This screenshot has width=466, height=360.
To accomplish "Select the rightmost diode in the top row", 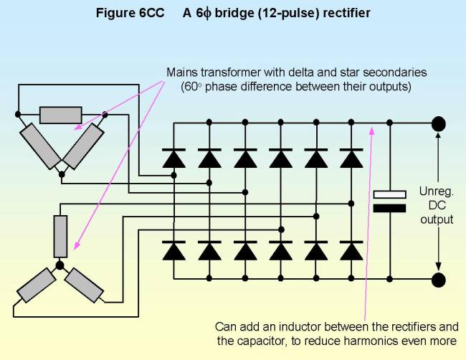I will click(351, 158).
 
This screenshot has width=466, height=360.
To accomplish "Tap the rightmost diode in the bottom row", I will click(351, 251).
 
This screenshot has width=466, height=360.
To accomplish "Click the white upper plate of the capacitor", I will click(390, 194).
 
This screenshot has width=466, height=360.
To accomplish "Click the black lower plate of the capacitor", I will click(390, 208).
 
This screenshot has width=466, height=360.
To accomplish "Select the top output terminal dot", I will click(438, 122).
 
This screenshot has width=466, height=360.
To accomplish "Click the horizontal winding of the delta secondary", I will click(60, 115).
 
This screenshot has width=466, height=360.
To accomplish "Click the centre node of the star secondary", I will click(60, 265).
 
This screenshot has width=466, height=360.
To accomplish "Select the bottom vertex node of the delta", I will click(62, 174).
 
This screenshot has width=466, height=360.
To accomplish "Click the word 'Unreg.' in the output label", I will click(437, 192).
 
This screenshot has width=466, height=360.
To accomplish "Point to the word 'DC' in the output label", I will click(437, 206).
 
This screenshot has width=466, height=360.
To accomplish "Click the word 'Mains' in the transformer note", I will click(181, 73).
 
